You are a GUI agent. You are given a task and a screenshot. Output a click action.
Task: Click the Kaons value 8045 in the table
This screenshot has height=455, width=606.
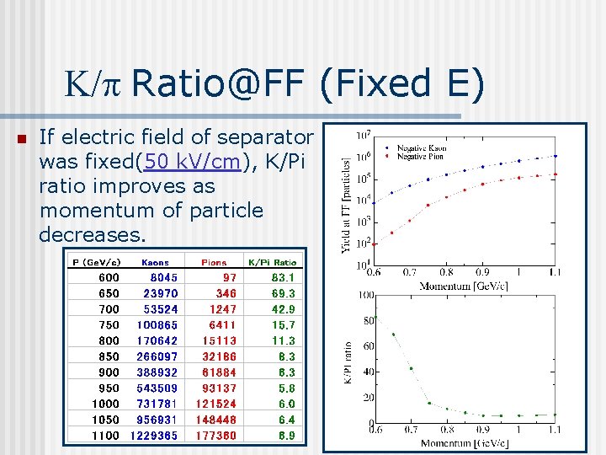click(x=163, y=277)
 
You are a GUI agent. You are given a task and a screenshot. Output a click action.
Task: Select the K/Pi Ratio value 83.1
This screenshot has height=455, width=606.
click(x=283, y=277)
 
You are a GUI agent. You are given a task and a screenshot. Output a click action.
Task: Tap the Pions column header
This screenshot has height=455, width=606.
click(x=214, y=262)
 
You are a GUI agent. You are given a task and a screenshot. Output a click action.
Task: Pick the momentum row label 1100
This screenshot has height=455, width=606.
click(x=105, y=436)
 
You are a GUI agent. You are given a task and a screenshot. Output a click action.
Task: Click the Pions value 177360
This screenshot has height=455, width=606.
click(x=216, y=436)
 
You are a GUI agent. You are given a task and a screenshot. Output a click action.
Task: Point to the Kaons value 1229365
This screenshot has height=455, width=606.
click(x=154, y=436)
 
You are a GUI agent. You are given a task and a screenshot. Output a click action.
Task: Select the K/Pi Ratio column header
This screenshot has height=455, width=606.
click(x=272, y=262)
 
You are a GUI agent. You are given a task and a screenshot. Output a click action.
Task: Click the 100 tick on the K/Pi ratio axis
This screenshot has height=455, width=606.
click(x=366, y=295)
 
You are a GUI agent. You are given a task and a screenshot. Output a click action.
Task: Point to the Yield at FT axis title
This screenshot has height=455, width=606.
click(x=345, y=202)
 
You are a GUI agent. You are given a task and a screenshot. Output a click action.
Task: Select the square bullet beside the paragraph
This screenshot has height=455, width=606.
click(x=22, y=139)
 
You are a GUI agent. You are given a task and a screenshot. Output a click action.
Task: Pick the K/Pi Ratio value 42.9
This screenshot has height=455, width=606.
click(x=283, y=309)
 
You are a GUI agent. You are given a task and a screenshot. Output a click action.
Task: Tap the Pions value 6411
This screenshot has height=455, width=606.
click(x=222, y=325)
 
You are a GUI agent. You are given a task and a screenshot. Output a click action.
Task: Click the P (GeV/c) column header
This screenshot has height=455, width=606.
click(x=97, y=262)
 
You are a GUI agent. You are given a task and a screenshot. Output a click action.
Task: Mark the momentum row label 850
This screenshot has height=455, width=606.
click(x=109, y=356)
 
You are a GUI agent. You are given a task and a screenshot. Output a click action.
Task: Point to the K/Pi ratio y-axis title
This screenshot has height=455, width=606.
click(x=347, y=362)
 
